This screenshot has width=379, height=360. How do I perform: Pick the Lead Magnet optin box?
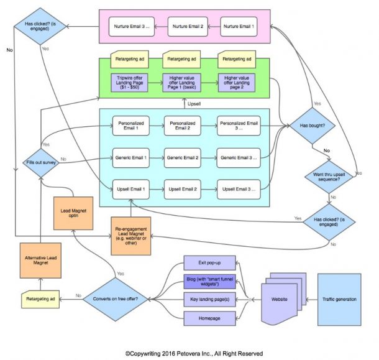coord(73,215)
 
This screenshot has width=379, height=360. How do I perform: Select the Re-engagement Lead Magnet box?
coord(132,236)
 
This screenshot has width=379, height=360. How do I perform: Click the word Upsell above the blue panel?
coord(212,103)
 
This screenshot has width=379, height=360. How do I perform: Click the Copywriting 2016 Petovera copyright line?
coord(189,353)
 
